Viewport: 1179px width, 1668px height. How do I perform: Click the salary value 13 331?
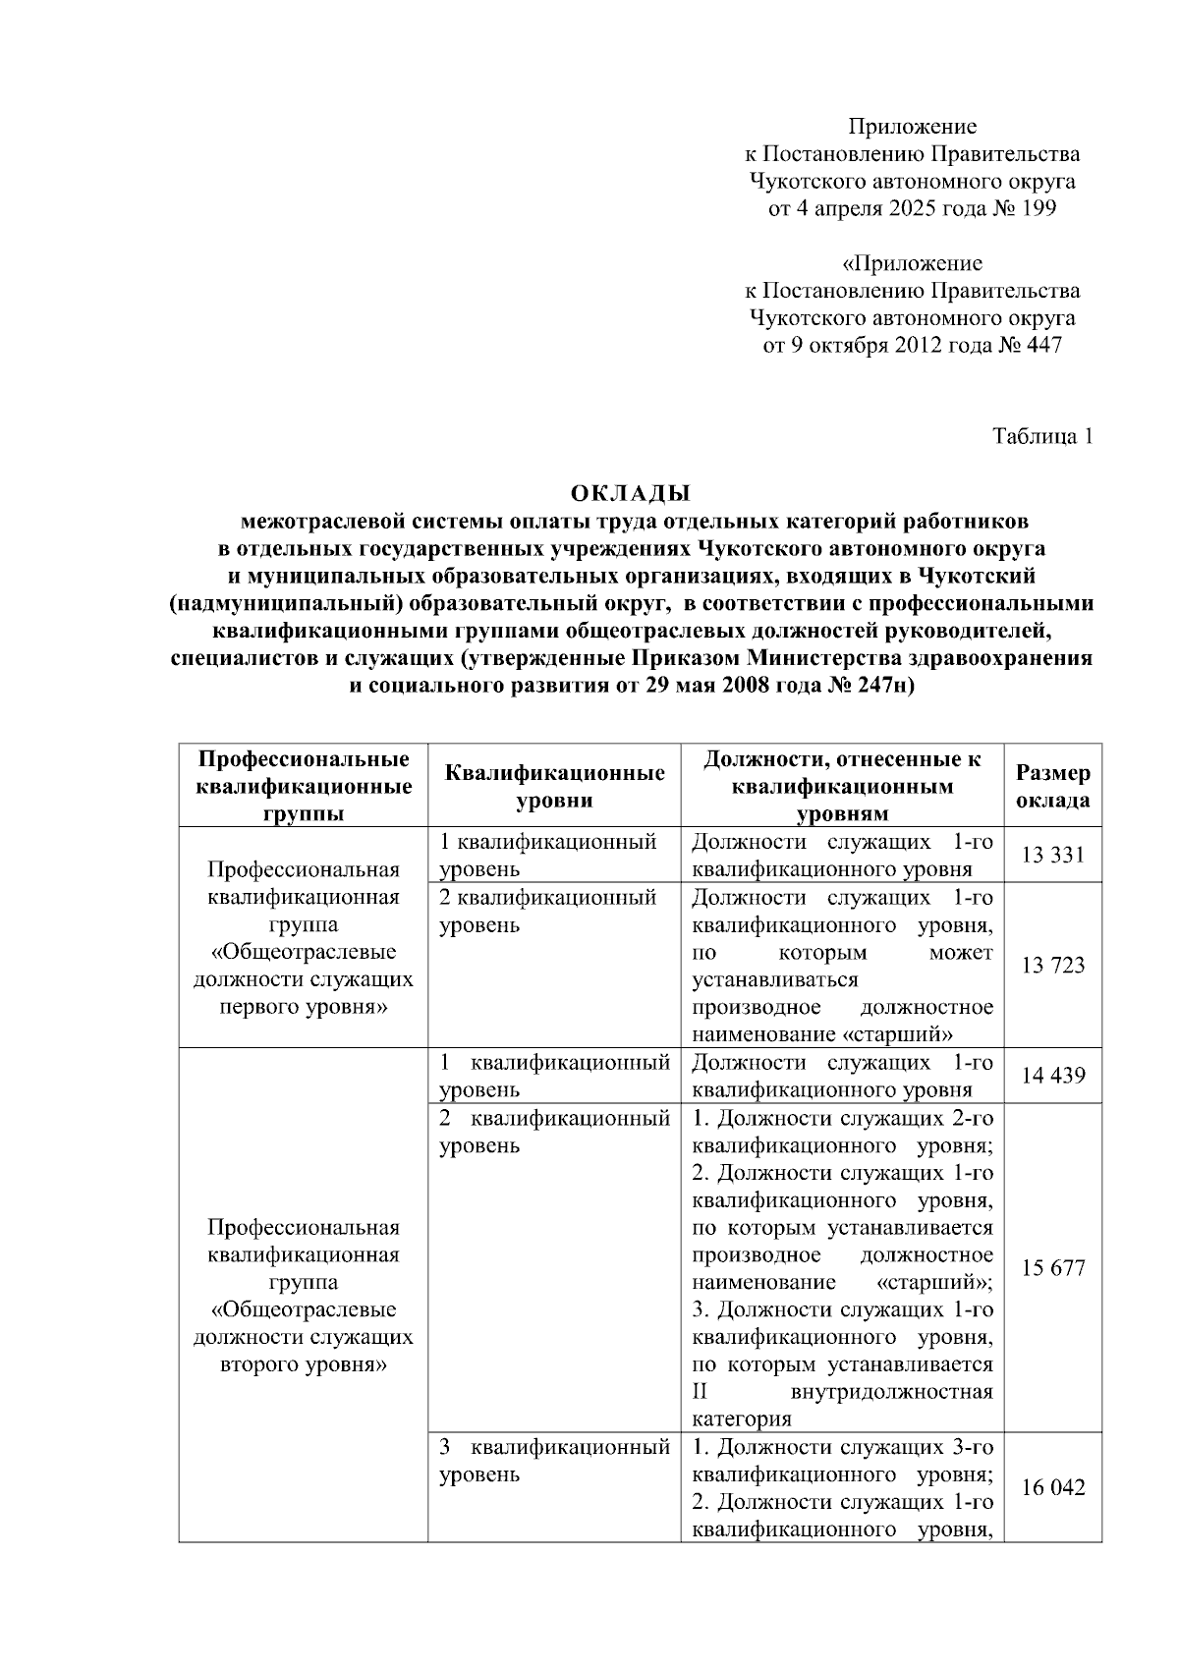click(1052, 856)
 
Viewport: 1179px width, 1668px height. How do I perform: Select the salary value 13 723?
click(1052, 966)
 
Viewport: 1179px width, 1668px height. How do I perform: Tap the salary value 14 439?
click(1052, 1076)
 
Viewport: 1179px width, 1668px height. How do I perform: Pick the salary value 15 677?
click(1052, 1268)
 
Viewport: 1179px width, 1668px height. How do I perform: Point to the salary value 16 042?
click(1052, 1488)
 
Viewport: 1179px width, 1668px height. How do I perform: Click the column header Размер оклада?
click(1052, 786)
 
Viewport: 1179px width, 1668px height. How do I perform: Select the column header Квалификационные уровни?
click(554, 786)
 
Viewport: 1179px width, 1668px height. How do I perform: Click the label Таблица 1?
click(1041, 436)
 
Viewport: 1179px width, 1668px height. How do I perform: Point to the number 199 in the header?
click(1038, 208)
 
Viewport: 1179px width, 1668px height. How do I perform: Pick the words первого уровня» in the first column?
click(304, 1007)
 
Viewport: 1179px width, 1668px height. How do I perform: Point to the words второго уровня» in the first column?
click(304, 1364)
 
